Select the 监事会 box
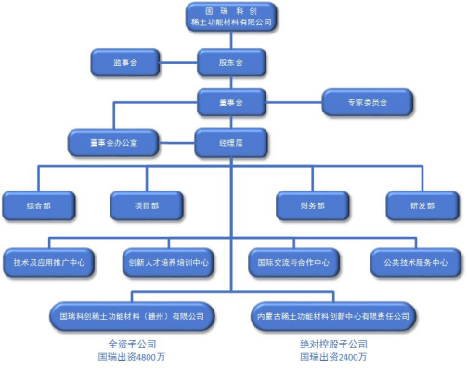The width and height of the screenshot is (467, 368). [125, 63]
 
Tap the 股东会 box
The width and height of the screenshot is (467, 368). [231, 63]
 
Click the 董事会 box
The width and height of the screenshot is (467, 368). [231, 100]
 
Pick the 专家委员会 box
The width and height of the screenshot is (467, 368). [367, 100]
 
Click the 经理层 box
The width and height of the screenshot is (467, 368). [231, 142]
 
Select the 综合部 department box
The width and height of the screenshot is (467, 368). [37, 204]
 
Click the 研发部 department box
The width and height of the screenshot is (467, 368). [422, 204]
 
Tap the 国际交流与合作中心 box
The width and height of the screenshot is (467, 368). [294, 262]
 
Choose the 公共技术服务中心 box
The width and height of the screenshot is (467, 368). [415, 262]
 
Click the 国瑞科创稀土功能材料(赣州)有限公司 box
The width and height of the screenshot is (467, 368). [136, 315]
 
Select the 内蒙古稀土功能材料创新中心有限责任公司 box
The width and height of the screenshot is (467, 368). [331, 315]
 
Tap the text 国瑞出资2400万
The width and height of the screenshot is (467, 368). [331, 356]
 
